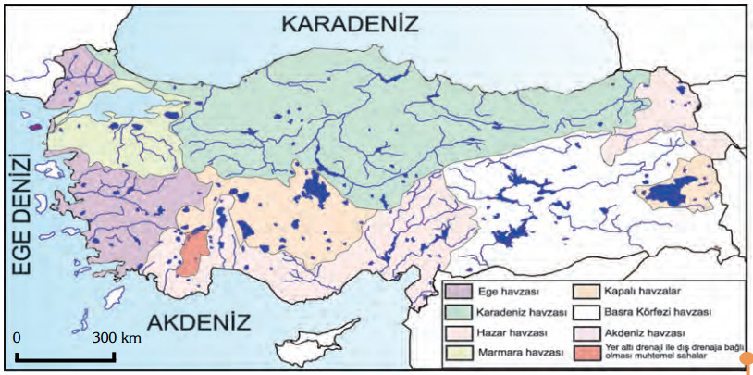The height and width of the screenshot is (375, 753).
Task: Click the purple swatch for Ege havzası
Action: pyautogui.click(x=461, y=291)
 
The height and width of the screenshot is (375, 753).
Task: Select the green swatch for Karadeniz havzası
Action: pyautogui.click(x=461, y=311)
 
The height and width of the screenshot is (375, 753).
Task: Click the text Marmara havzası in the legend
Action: pyautogui.click(x=516, y=352)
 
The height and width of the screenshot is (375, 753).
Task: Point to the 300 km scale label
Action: pyautogui.click(x=117, y=338)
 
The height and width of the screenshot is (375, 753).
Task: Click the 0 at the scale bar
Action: pyautogui.click(x=18, y=338)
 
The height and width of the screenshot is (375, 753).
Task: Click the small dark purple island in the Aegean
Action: pyautogui.click(x=36, y=128)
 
